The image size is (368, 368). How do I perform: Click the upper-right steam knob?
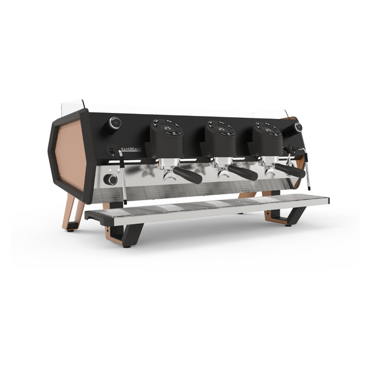pos(297,128)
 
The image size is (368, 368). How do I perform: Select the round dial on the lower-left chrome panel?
pos(111,180)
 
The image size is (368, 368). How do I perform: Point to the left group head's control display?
pos(167,127)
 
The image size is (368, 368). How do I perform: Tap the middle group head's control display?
pos(221,127)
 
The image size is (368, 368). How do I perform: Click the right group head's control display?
pos(269,128)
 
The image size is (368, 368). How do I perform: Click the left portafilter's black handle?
pos(188,175)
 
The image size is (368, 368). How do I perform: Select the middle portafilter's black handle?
pos(243,174)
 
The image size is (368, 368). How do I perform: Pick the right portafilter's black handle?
pos(290,171)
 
